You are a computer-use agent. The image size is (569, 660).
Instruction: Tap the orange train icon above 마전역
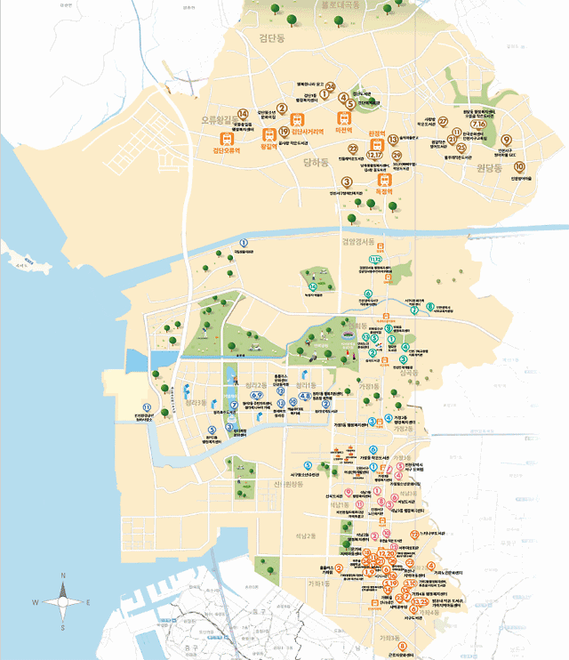pos(340,117)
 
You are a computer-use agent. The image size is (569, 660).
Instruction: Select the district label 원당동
pos(489,167)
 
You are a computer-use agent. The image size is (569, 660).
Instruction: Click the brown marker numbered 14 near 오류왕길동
pos(242,111)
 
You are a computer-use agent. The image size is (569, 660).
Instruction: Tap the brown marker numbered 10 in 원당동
pos(519,166)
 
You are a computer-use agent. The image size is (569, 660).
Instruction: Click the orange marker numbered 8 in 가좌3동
pos(402,646)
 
